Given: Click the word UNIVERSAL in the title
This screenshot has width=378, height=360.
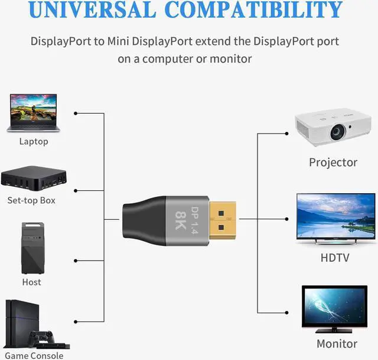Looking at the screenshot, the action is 92,9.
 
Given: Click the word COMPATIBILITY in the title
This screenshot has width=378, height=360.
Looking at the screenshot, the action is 255,9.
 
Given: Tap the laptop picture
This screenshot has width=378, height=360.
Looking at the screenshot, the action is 33,113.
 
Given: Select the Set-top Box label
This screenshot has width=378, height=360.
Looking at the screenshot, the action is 31,200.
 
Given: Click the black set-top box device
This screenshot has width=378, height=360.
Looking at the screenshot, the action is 34,178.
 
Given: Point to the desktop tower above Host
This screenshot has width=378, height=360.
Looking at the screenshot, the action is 33,248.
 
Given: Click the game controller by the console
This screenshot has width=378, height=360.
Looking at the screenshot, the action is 41,338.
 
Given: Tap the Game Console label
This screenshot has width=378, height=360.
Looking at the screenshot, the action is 34,356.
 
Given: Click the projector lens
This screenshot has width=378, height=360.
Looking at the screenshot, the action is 337,132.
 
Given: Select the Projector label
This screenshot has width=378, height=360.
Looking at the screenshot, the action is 333,163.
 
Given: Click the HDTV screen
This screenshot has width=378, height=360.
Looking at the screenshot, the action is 336,216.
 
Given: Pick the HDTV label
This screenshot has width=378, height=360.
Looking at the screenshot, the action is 335,258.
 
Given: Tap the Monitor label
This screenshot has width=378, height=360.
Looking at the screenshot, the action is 337,343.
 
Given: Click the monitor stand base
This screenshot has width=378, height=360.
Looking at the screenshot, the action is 334,330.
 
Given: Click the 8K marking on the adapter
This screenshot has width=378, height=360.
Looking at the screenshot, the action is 181,220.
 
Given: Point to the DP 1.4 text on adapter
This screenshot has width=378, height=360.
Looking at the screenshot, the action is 194,220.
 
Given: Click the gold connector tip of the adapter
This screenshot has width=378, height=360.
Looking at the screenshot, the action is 223,220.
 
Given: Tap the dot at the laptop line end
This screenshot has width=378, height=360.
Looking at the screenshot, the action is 76,113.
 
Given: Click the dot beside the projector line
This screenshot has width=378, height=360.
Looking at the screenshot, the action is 286,134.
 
